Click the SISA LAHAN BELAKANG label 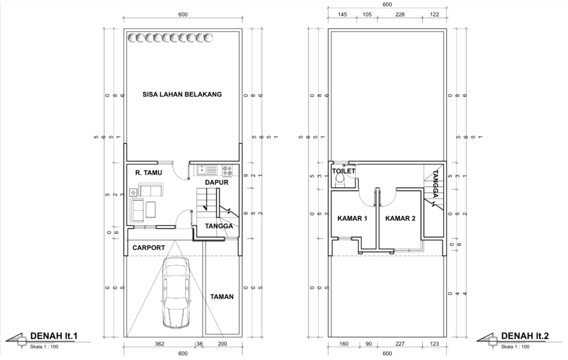click(x=182, y=94)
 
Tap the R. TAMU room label click(x=149, y=173)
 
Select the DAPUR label click(x=217, y=182)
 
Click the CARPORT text click(x=149, y=248)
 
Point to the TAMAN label click(x=222, y=297)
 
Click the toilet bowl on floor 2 click(x=340, y=180)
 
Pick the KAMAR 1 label click(x=352, y=219)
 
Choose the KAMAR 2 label click(x=400, y=219)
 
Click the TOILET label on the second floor click(x=343, y=171)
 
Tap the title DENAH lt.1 click(x=54, y=336)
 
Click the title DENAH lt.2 click(x=525, y=336)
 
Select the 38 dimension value click(x=199, y=344)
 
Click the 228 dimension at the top click(x=399, y=14)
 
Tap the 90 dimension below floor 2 click(x=368, y=344)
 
